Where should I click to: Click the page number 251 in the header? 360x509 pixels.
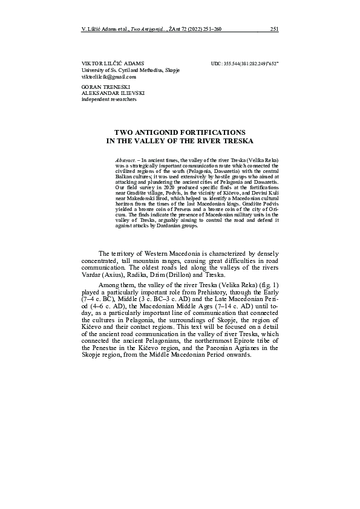click(x=274, y=28)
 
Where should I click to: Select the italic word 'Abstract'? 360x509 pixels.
click(x=125, y=158)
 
